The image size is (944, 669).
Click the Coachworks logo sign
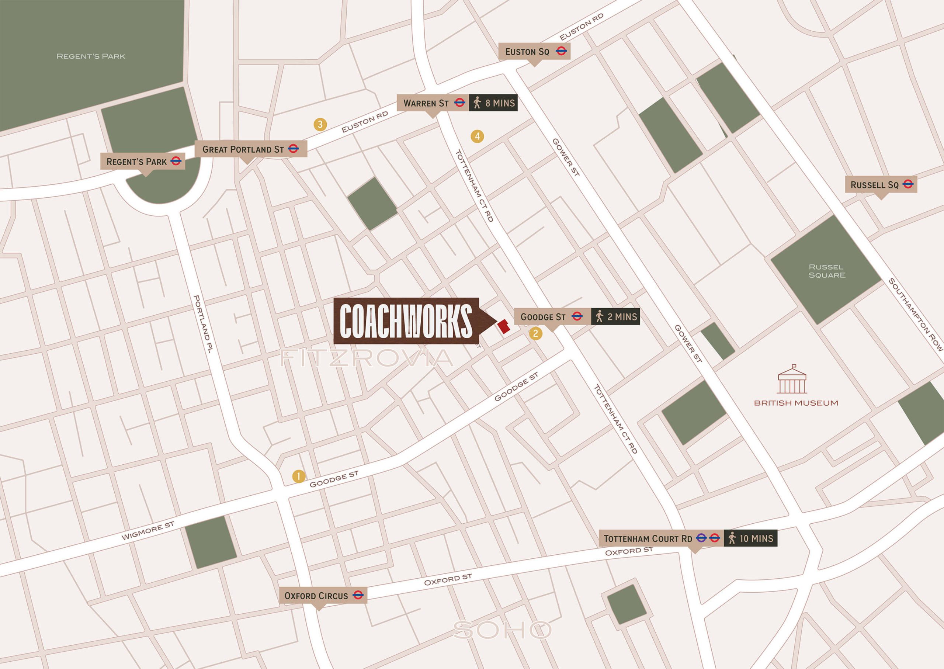pyautogui.click(x=406, y=321)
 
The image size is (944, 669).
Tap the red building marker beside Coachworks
pyautogui.click(x=504, y=326)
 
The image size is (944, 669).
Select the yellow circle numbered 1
pyautogui.click(x=299, y=476)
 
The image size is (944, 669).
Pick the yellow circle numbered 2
pyautogui.click(x=535, y=333)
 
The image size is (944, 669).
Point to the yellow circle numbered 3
pyautogui.click(x=320, y=124)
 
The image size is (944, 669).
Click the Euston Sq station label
pyautogui.click(x=534, y=52)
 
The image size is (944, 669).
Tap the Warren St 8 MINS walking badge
pyautogui.click(x=493, y=103)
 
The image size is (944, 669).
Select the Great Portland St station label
pyautogui.click(x=250, y=149)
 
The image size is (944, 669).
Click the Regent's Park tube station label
pyautogui.click(x=142, y=162)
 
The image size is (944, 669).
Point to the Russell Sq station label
pyautogui.click(x=881, y=185)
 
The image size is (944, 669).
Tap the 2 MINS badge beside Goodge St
pyautogui.click(x=615, y=317)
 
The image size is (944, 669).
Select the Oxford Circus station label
pyautogui.click(x=323, y=596)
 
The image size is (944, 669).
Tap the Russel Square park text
pyautogui.click(x=827, y=271)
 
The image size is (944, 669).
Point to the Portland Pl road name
pyautogui.click(x=203, y=324)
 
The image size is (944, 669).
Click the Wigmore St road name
pyautogui.click(x=147, y=531)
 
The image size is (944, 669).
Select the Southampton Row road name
pyautogui.click(x=915, y=314)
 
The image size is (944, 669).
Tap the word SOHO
pyautogui.click(x=502, y=630)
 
